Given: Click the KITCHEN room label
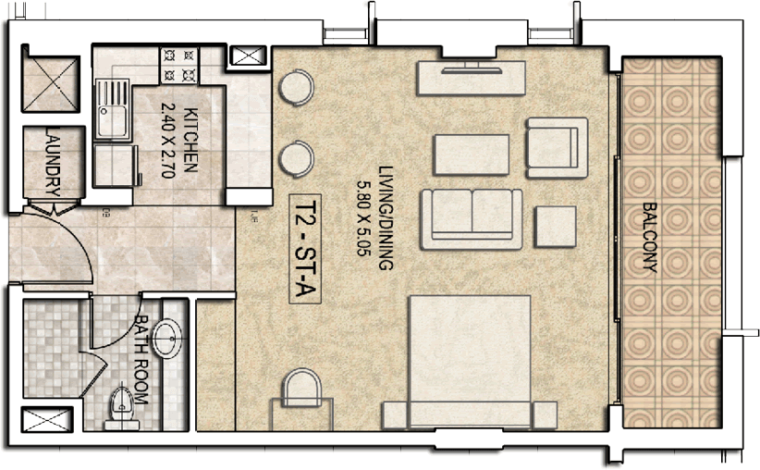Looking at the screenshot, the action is tap(191, 140).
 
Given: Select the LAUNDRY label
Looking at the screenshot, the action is tap(53, 162).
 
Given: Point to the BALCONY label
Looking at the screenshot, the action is tap(649, 237).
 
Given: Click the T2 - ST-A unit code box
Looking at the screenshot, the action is tap(305, 249).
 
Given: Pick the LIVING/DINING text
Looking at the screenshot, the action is tap(386, 217).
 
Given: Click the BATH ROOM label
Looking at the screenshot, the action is tap(141, 359).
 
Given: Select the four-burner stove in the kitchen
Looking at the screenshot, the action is tap(178, 66).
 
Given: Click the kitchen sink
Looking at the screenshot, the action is tap(113, 109).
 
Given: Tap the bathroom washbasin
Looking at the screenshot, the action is tap(167, 339).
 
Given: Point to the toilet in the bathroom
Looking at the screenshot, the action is tap(121, 407).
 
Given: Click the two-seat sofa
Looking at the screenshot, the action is tap(472, 219).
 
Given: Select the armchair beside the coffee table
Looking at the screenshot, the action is tap(557, 147).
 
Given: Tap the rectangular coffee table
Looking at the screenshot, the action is tap(472, 155).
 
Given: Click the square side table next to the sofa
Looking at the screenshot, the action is tap(556, 227).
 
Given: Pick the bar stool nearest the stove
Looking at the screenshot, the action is tap(296, 88).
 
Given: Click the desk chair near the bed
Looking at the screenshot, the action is tap(302, 388).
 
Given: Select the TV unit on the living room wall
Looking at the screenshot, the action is tap(472, 78).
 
